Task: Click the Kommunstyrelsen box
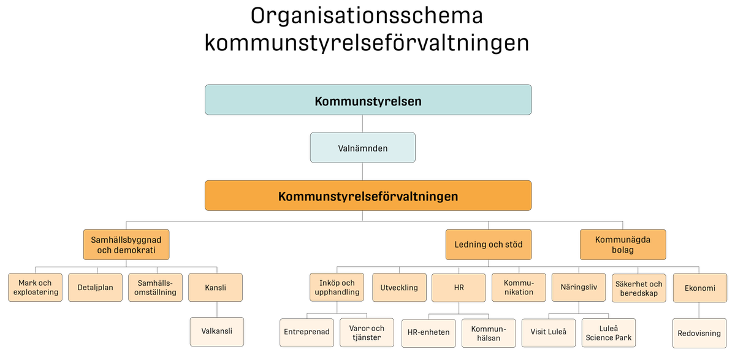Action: click(368, 100)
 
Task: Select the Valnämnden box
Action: click(362, 148)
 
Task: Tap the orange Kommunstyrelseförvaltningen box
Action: click(368, 196)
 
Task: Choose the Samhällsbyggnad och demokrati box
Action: click(126, 245)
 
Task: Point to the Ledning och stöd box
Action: click(489, 245)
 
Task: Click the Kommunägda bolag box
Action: click(622, 245)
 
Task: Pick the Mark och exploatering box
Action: click(35, 288)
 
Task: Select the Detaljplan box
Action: click(95, 288)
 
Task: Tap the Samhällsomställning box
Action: click(155, 288)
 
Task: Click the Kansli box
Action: click(215, 288)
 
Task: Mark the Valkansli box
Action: click(216, 331)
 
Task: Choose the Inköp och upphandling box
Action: click(337, 288)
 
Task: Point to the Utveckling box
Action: click(399, 288)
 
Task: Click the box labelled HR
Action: click(459, 288)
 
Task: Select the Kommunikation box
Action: click(519, 288)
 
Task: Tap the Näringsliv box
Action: click(578, 287)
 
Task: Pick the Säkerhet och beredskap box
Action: click(639, 288)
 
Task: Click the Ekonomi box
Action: click(699, 288)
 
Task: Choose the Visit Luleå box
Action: click(548, 332)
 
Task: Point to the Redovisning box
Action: click(699, 334)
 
